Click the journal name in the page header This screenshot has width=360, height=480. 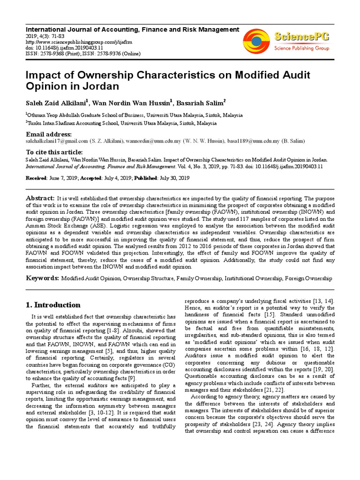tap(132, 30)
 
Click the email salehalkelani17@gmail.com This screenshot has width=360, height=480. tap(57, 141)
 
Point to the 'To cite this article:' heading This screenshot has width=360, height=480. tap(54, 152)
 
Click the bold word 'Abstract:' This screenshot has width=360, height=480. tap(40, 199)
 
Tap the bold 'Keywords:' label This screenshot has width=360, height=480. tap(42, 278)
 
